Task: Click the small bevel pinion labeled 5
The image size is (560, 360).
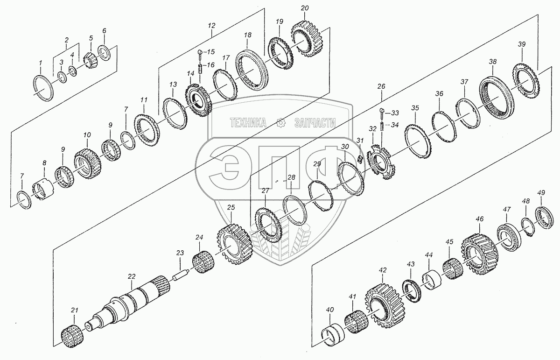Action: point(91,59)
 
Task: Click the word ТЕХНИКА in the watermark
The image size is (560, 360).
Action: point(248,123)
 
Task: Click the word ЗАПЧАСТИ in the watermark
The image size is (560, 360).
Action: point(315,123)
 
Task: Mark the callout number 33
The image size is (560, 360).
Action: point(395,113)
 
